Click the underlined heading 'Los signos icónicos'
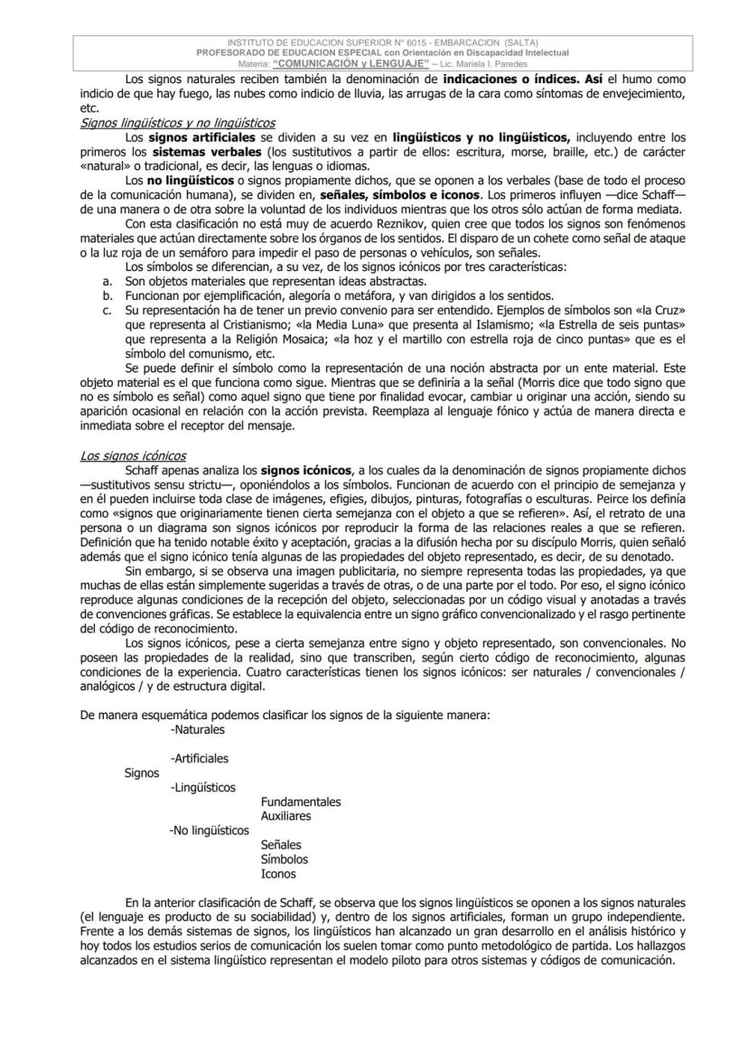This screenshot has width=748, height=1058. pos(133,456)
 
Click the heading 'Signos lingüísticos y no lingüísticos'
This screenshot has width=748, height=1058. pos(177,123)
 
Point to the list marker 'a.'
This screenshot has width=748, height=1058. pos(107,281)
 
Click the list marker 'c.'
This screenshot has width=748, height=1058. pos(107,310)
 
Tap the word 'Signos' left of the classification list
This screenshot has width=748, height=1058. pos(142,772)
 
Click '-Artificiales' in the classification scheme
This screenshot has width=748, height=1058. pos(199,758)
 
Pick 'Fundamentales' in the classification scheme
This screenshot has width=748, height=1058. pos(301,801)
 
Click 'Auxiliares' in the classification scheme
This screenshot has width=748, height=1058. pos(285,816)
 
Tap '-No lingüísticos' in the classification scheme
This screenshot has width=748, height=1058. pos(209,830)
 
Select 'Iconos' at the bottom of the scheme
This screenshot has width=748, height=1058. pos(278,874)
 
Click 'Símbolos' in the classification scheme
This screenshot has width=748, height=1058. pos(284,859)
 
